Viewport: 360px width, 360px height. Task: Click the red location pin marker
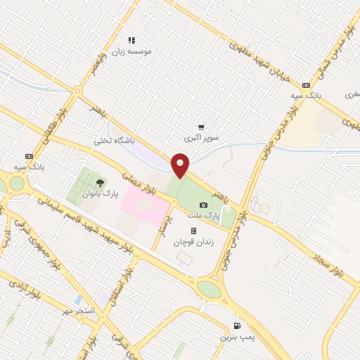click(181, 166)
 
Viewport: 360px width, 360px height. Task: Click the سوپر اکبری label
click(202, 139)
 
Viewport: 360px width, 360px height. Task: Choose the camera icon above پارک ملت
click(204, 204)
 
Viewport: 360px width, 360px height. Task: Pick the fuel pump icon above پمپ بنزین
click(237, 326)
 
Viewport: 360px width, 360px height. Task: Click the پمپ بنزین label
click(237, 337)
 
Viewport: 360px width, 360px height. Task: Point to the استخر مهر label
click(77, 310)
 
